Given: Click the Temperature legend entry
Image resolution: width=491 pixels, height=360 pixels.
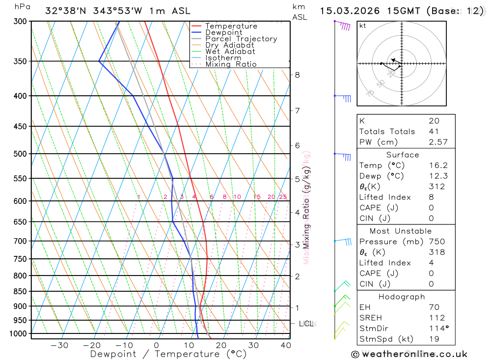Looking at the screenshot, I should point(231,26).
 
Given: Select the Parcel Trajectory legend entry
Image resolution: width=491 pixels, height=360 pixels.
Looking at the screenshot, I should point(241,39).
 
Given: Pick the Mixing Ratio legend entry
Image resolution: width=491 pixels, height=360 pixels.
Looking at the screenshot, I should point(231,64).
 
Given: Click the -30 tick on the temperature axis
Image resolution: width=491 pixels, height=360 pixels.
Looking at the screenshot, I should point(59,345).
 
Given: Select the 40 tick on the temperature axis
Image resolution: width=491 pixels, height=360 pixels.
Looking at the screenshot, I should point(286,345).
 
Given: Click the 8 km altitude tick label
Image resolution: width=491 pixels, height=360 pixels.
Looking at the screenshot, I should point(297,75).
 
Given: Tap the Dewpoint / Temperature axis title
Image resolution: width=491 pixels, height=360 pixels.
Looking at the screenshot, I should point(168,354).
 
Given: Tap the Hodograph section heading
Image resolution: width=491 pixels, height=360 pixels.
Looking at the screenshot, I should point(402,297).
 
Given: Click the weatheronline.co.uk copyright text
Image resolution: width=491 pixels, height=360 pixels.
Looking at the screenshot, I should point(409,354).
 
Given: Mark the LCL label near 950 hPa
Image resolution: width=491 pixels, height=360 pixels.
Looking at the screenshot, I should point(306,324).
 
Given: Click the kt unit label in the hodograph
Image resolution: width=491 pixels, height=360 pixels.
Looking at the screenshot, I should point(362,26).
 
